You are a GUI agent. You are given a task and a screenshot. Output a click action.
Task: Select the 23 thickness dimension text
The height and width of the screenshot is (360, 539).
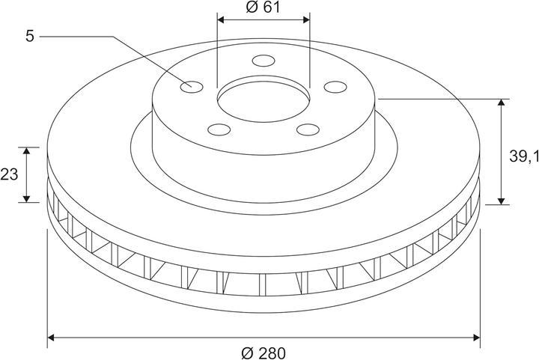click(9, 175)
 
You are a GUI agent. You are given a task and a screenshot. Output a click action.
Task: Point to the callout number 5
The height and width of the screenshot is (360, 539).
click(29, 36)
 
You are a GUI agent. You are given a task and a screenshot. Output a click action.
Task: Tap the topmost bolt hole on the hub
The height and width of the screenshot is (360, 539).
click(263, 61)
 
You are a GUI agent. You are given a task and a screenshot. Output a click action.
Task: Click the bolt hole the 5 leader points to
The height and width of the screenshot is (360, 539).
click(192, 85)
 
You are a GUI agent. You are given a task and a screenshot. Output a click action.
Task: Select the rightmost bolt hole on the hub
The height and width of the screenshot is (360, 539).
click(334, 87)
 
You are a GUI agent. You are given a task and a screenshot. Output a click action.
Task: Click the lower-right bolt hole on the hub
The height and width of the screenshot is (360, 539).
click(307, 129)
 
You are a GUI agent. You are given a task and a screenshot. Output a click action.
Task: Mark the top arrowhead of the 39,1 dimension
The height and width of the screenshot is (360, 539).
click(502, 103)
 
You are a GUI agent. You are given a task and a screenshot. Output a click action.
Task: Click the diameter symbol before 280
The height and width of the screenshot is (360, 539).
click(249, 352)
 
